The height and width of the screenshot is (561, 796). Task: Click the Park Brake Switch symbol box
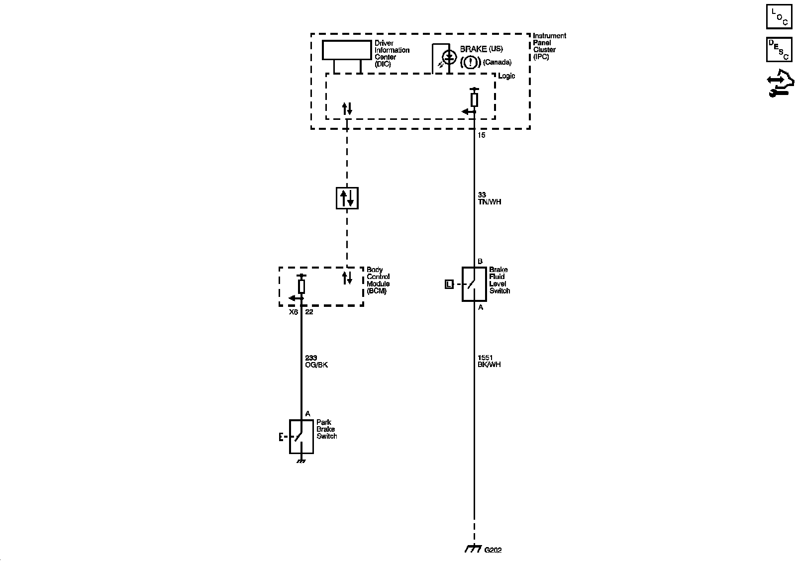point(301,437)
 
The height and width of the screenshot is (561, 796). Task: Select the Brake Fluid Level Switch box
point(474,284)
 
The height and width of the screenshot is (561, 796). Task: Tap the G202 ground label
point(493,550)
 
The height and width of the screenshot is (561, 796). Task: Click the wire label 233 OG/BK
point(316,362)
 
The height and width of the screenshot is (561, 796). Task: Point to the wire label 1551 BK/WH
point(489,361)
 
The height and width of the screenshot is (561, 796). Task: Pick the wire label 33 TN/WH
point(489,198)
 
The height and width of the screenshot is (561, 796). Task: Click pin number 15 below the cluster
point(481,135)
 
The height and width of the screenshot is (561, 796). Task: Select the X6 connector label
point(294,312)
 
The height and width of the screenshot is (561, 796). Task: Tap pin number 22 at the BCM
point(309,312)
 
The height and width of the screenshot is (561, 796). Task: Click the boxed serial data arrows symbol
point(347,198)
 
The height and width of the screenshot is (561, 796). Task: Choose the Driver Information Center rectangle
point(347,50)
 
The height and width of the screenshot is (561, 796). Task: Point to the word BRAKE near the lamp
point(473,49)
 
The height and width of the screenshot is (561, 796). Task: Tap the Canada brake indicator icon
point(470,62)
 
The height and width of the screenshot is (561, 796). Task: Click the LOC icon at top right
point(779,17)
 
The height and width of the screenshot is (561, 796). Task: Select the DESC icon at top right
point(779,50)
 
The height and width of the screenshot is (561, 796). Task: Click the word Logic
point(506,76)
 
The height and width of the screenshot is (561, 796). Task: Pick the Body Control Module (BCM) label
point(378,280)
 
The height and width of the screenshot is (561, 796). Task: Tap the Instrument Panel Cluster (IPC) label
point(549,46)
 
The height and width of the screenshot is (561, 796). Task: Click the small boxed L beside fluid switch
point(449,284)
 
